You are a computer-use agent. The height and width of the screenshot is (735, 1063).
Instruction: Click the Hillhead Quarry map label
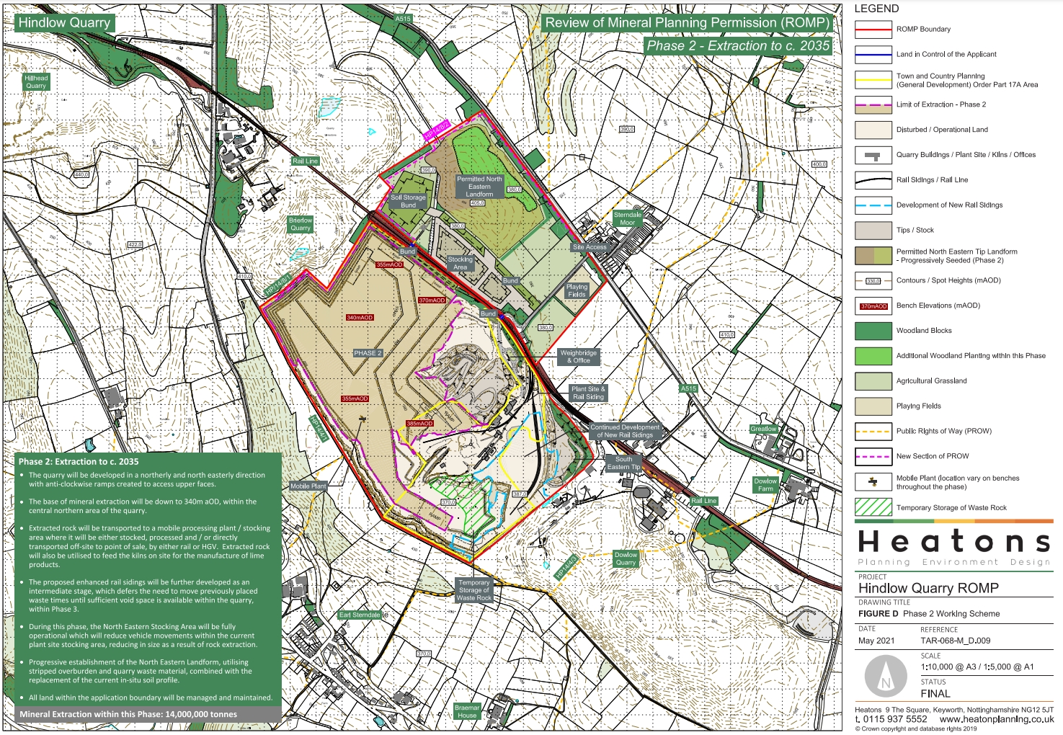[36, 81]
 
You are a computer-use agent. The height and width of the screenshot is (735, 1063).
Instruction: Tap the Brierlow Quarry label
[301, 224]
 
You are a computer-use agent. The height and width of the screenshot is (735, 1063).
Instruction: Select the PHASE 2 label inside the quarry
[368, 353]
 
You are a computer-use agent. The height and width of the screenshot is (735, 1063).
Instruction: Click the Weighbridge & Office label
[578, 357]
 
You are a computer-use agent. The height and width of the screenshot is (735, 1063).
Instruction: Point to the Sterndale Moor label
[627, 218]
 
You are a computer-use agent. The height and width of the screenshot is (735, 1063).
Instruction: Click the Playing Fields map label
[577, 290]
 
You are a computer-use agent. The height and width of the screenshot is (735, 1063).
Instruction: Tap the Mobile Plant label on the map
[308, 486]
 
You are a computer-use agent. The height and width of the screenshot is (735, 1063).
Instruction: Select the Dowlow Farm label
[765, 484]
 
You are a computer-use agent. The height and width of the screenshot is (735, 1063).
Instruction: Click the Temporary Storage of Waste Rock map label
[473, 590]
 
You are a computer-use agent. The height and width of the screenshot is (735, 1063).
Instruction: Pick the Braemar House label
[467, 711]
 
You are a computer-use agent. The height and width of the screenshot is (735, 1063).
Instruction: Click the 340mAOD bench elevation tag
[360, 318]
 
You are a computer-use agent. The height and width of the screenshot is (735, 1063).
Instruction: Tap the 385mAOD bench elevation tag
[419, 424]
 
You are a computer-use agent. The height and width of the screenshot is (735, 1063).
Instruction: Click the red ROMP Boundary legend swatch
[873, 30]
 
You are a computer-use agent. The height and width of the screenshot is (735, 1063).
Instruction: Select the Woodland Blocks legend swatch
[873, 331]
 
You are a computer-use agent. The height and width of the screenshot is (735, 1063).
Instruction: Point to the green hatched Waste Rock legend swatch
[873, 507]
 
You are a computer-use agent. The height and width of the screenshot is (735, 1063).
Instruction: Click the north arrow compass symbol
[885, 677]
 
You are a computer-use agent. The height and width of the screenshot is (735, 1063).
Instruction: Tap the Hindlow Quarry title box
[64, 22]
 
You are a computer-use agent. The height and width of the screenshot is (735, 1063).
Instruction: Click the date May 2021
[876, 641]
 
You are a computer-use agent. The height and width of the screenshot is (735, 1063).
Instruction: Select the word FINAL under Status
[935, 693]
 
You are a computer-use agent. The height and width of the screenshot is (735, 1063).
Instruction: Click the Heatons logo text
[953, 541]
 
